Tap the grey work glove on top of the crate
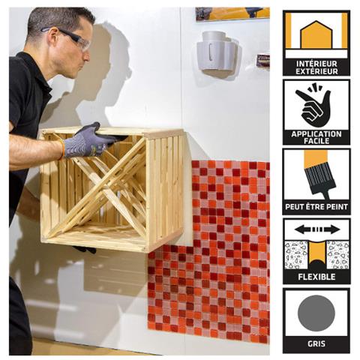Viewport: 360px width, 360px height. point(91,141)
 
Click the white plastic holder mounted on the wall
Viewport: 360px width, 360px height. point(217,52)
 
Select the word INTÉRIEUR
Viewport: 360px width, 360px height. point(316,64)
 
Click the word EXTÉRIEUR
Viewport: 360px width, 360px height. point(316,71)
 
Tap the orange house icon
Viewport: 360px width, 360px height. point(316,35)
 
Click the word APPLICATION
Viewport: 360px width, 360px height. point(316,134)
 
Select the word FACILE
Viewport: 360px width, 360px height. point(316,141)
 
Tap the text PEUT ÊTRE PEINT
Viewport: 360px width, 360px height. point(316,207)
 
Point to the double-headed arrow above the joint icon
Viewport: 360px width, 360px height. point(317,229)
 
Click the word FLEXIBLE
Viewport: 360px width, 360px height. point(316,277)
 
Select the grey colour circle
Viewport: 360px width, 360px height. point(316,313)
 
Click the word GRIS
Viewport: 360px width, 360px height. point(316,343)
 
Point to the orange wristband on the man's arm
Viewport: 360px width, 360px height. point(61,149)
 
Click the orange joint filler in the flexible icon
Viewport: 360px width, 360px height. point(317,253)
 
